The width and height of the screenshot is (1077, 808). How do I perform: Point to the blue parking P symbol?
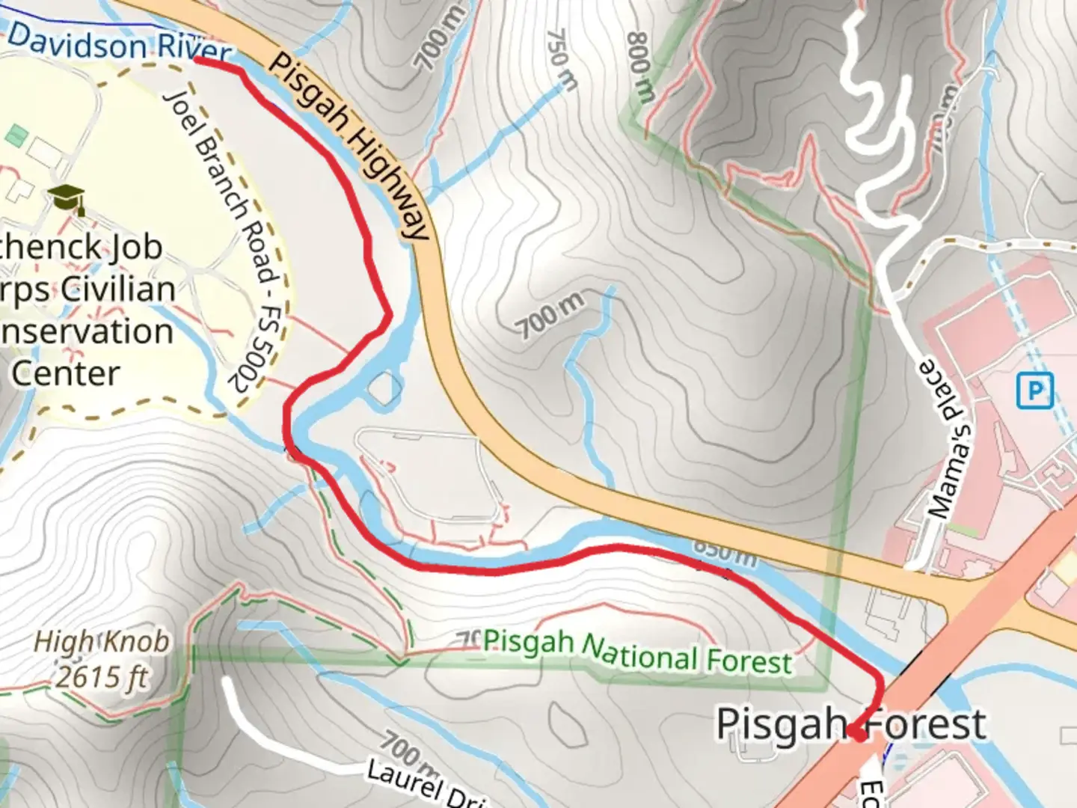[x=1035, y=390]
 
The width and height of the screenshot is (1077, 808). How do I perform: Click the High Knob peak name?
[x=102, y=642]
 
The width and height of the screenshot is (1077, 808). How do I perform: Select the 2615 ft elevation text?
[x=102, y=678]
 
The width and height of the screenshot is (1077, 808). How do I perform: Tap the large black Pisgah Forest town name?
[x=851, y=723]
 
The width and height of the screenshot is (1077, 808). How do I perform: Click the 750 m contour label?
[x=562, y=59]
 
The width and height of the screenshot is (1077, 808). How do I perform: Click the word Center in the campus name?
[x=66, y=373]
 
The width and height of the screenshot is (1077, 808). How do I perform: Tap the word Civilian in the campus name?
[x=118, y=289]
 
